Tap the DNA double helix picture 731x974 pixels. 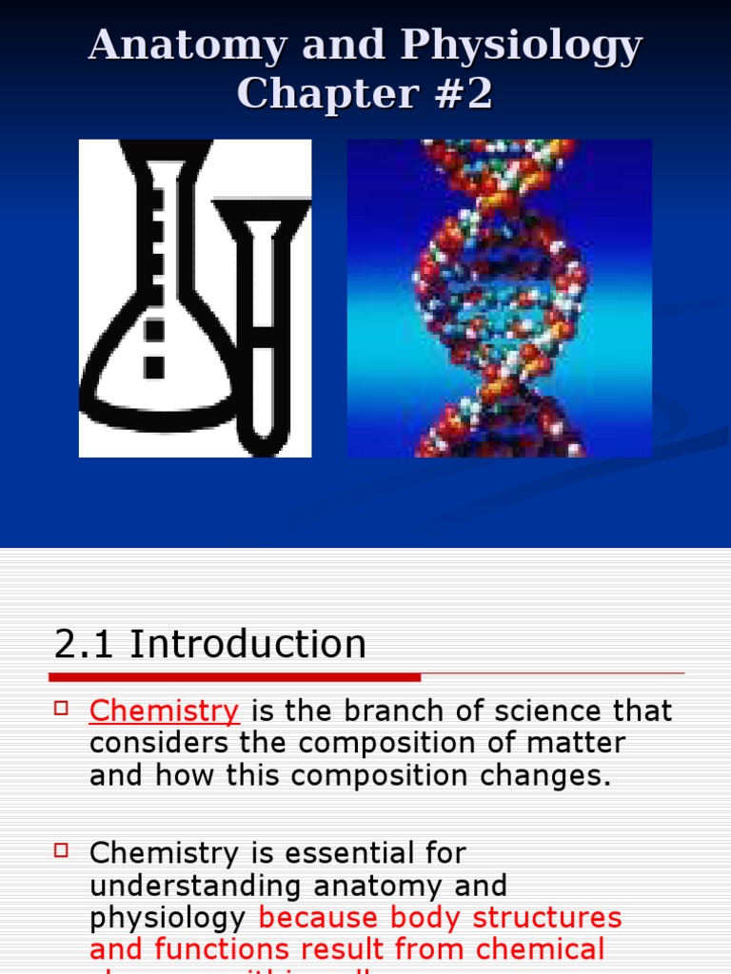pos(499,298)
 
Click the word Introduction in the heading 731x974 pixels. pos(247,645)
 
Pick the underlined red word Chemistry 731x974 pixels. pos(164,711)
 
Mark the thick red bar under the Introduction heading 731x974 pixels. pos(234,677)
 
